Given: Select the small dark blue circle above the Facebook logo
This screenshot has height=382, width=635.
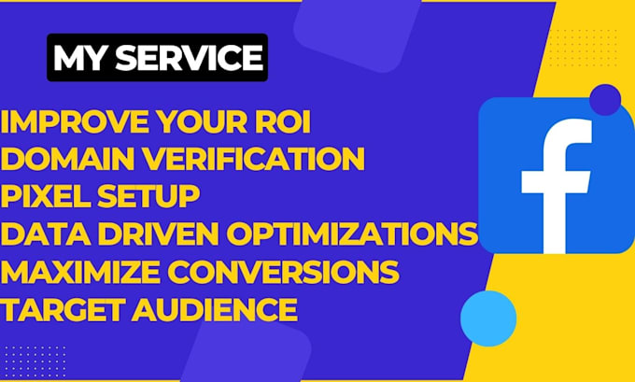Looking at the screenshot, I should (x=605, y=99).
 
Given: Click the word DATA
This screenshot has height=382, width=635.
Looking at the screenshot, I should (x=42, y=234).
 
